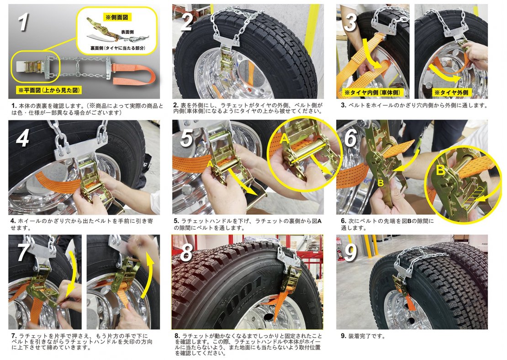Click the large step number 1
click(x=23, y=21)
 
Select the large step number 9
click(x=351, y=252)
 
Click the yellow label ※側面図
click(x=117, y=17)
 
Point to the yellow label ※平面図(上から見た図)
click(x=49, y=90)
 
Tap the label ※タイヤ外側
click(x=451, y=92)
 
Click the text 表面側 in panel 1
click(x=127, y=32)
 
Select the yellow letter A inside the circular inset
click(x=285, y=138)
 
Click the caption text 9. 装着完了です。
click(x=363, y=336)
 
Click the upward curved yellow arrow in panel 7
click(x=150, y=275)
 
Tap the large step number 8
click(x=186, y=252)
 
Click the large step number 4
click(x=23, y=138)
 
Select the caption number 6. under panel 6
click(x=344, y=221)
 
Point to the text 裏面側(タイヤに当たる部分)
click(x=118, y=48)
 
